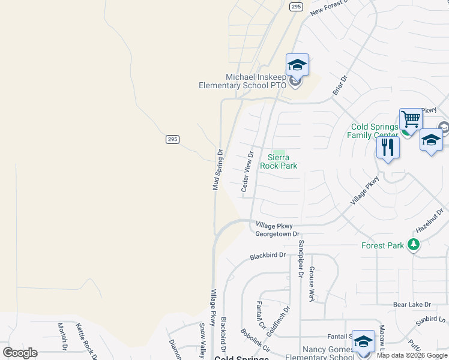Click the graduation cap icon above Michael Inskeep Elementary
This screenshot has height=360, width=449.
coord(297,64)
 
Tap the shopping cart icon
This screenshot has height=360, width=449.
coord(411,119)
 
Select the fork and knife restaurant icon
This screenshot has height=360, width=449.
coord(388,147)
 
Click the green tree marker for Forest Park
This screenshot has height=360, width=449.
coord(413,245)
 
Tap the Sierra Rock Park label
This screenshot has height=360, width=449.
coord(279,161)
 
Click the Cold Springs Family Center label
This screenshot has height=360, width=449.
coord(375,131)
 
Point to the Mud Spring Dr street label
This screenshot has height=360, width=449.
coord(217,170)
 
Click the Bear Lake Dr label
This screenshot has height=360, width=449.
coord(412,305)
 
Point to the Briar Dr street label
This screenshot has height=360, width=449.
coord(340,85)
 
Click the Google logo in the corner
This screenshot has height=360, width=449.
coord(20,352)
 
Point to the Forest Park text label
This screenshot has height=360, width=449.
coord(383,245)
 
